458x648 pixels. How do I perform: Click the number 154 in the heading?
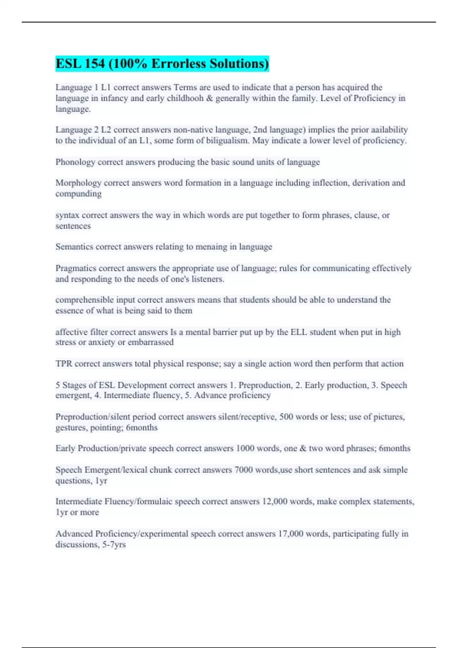95,64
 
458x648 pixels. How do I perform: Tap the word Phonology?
75,162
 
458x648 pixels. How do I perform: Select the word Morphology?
78,183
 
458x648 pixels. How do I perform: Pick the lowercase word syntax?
68,215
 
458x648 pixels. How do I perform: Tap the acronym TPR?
64,364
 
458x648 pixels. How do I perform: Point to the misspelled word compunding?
79,194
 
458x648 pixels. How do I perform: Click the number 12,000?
274,502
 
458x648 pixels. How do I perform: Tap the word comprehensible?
84,300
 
